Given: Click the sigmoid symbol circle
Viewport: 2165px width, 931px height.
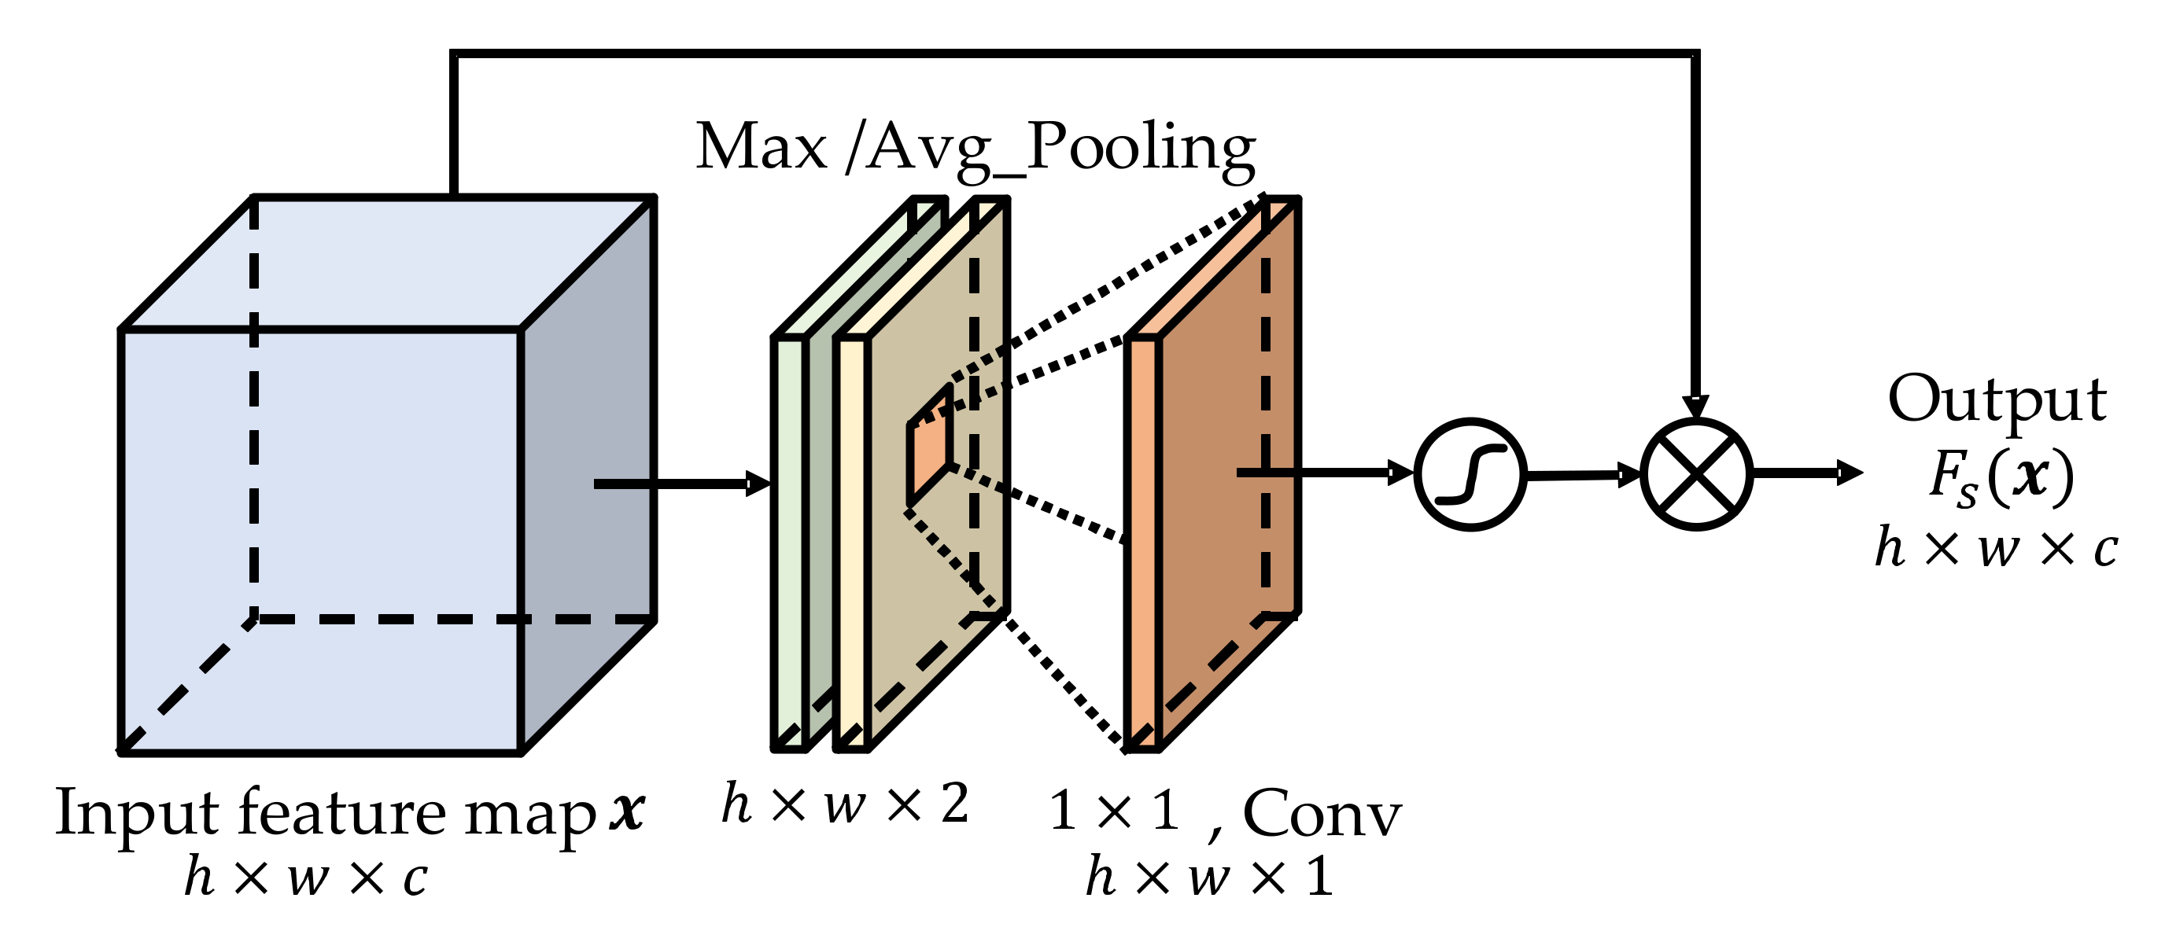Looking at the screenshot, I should pos(1469,475).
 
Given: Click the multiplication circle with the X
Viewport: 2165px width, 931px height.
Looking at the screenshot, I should pos(1696,475).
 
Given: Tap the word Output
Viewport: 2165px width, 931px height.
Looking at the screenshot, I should pos(1997,400).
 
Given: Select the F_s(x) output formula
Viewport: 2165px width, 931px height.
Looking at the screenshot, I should pos(2001,477).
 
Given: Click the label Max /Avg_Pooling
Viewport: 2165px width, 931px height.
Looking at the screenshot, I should pos(975,148).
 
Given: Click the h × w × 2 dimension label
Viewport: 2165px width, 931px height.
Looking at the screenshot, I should pos(845,804).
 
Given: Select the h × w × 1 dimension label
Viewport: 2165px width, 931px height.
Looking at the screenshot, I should pos(1208,878).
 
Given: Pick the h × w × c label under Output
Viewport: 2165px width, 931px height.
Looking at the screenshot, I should pos(1995,548).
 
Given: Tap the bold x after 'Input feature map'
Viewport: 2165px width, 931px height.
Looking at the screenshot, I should pos(627,811).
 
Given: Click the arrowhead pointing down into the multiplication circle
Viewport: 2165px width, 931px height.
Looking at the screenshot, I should pos(1696,407).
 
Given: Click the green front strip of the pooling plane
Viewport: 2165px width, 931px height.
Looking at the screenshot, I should pos(790,542).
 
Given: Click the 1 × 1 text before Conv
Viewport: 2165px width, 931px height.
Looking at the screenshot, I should pos(1115,811).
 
